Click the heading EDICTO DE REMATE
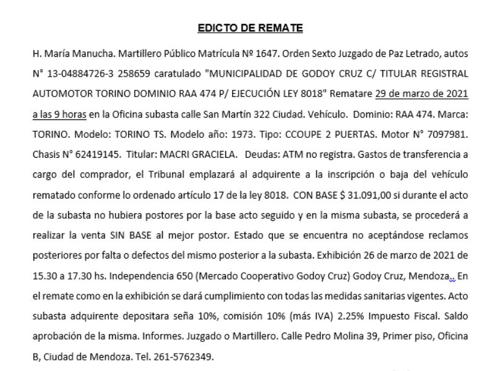point(249,28)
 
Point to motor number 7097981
point(449,134)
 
